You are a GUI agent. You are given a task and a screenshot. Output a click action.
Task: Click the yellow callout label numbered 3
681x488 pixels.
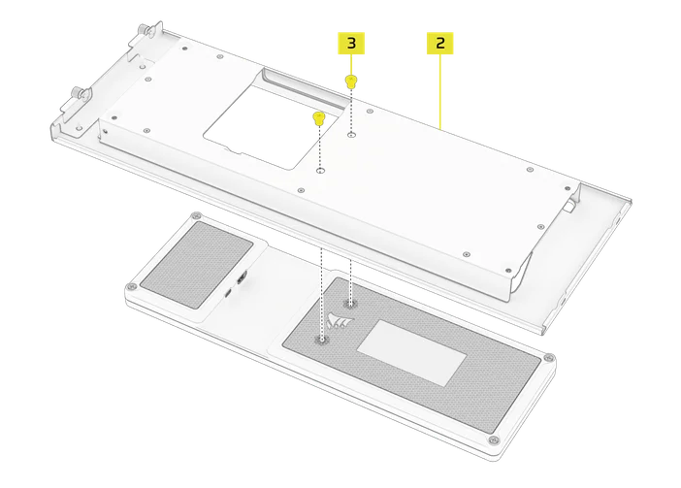pos(351,43)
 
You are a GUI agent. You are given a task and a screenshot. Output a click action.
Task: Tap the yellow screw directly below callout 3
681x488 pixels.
pos(351,82)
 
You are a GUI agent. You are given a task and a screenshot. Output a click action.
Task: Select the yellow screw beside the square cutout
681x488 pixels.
pos(318,119)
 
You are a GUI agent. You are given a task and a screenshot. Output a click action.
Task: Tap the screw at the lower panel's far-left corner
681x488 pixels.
pos(129,288)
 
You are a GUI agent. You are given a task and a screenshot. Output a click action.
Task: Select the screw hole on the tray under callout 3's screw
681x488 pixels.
pos(350,136)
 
